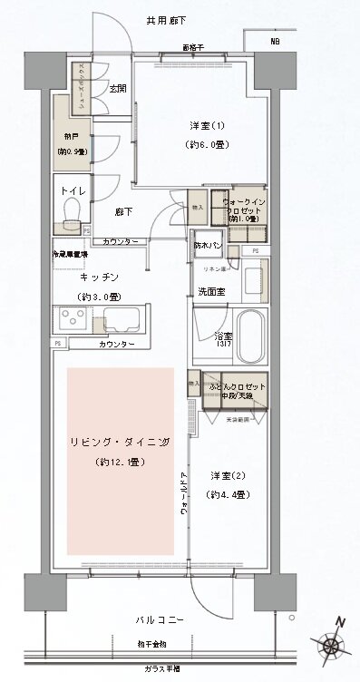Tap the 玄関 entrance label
(118, 88)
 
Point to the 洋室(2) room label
(228, 476)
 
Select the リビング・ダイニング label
(120, 443)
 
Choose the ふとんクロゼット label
(236, 387)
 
